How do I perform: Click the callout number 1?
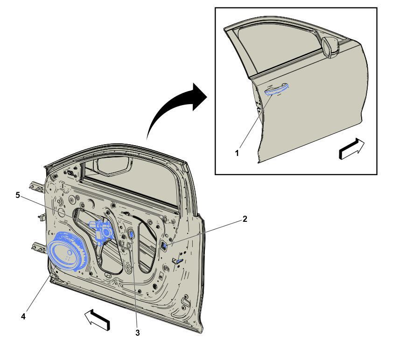(x=237, y=153)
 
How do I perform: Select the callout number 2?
(x=245, y=219)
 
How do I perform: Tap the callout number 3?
(x=138, y=333)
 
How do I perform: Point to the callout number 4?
(x=23, y=316)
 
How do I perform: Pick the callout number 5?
(x=18, y=195)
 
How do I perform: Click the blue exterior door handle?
(x=276, y=89)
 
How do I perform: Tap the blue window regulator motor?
(x=101, y=231)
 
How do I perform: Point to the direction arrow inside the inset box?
(x=351, y=149)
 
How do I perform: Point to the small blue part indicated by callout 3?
(x=132, y=234)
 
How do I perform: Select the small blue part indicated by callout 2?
(x=164, y=245)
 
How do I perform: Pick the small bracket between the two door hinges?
(x=42, y=217)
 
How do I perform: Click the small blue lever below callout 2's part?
(x=179, y=261)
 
